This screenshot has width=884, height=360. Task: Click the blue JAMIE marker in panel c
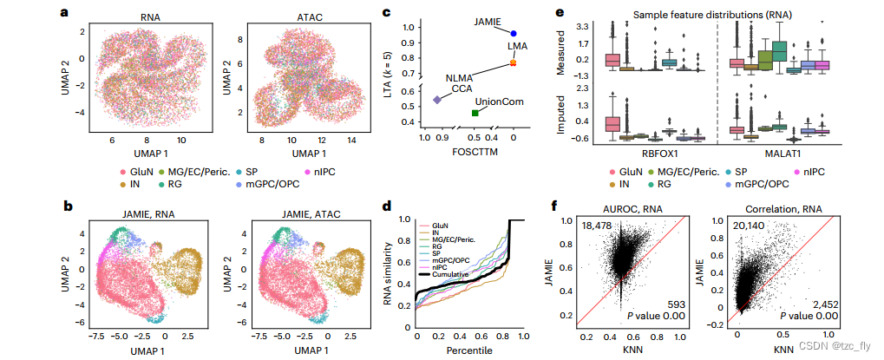(x=514, y=33)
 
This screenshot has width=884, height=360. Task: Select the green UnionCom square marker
(x=475, y=113)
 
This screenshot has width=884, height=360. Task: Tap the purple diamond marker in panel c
(x=436, y=101)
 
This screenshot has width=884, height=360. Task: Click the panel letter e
(x=560, y=13)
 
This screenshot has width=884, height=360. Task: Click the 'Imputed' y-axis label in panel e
(x=560, y=117)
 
